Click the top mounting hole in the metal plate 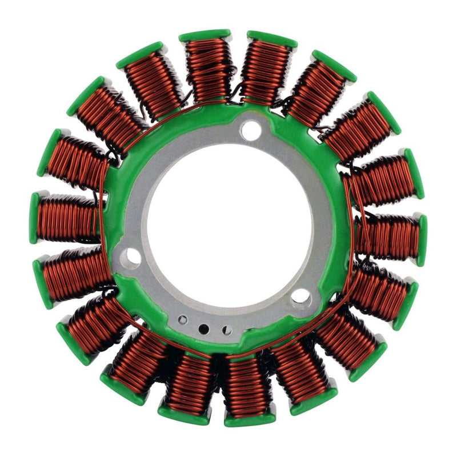pos(251,130)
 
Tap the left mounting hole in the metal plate pos(132,257)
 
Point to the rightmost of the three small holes pos(227,330)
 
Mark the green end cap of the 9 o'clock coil pos(35,217)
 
